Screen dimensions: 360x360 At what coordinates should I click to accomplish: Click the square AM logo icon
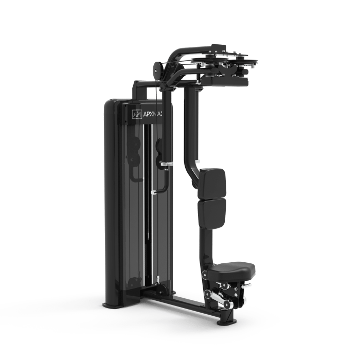137,114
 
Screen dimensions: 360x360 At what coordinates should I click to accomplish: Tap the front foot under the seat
227,321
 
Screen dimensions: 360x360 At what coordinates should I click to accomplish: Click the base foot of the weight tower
113,304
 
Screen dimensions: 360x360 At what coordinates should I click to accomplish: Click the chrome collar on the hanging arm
166,165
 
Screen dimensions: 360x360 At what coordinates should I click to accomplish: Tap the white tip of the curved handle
153,192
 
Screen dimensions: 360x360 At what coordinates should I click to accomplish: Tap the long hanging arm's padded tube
166,144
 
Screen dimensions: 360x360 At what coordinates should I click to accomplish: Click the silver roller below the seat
208,295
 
